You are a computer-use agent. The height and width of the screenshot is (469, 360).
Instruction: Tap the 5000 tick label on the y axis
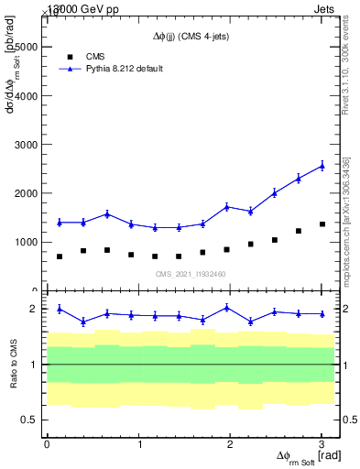[x=26, y=47]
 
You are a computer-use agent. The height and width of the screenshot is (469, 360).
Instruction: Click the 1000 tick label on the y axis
[x=26, y=243]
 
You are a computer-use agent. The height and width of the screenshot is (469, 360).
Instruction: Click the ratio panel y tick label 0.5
[x=29, y=420]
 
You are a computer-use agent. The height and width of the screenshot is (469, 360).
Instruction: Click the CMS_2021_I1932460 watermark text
[x=190, y=273]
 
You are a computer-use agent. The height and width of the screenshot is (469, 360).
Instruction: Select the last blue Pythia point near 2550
[x=322, y=166]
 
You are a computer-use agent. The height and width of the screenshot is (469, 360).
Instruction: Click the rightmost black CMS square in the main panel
[x=322, y=224]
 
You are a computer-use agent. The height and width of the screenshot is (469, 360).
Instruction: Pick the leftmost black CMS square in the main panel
[x=60, y=256]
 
